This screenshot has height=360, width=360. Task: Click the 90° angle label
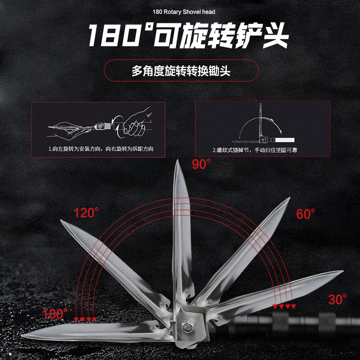[201, 164]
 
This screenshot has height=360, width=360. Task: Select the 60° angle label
[306, 214]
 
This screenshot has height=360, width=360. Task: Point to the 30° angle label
[337, 299]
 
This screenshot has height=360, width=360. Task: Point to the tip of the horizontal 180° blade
[27, 334]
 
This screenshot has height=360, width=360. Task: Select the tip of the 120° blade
[62, 220]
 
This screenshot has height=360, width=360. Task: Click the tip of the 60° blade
[288, 199]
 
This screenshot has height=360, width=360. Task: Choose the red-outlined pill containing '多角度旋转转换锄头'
[181, 71]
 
